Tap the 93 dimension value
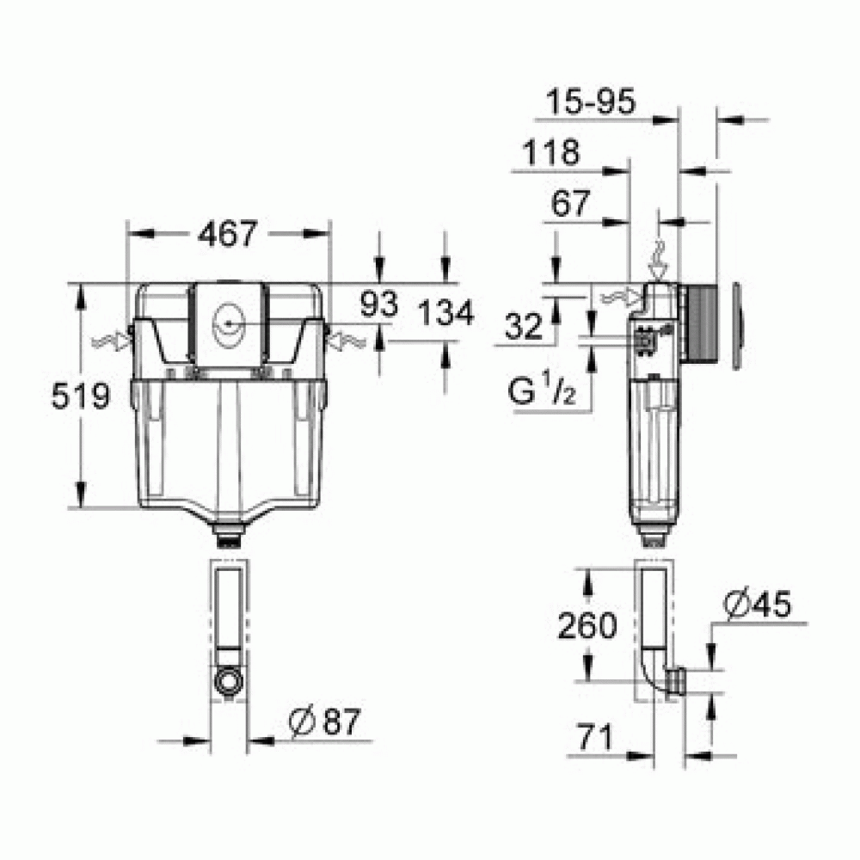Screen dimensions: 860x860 click(x=378, y=304)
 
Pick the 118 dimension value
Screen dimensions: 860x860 click(x=550, y=153)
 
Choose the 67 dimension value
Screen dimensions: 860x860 click(x=569, y=204)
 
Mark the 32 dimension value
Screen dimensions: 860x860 click(x=524, y=326)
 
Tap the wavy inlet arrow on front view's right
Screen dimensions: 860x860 click(x=347, y=341)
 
